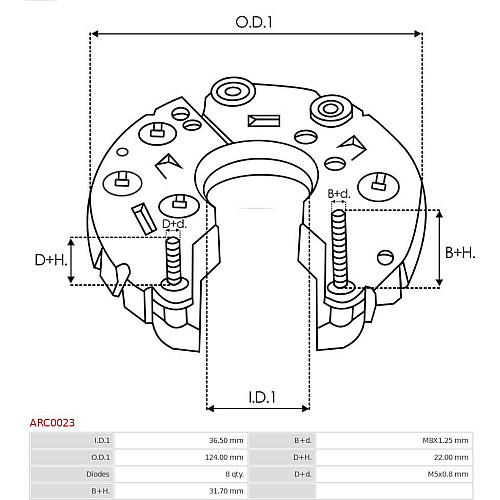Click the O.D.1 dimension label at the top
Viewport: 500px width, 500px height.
tap(254, 22)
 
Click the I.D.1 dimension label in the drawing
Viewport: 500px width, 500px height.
tap(262, 397)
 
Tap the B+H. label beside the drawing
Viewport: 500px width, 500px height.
tap(460, 253)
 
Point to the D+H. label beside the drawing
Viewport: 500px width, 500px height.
tap(51, 260)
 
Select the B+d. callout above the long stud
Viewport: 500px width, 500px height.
tap(339, 194)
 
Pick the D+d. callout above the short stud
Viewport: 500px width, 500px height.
tap(174, 224)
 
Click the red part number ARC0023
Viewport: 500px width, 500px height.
tap(52, 423)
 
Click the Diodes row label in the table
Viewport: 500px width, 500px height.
tap(98, 474)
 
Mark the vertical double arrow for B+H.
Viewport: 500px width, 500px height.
tap(440, 248)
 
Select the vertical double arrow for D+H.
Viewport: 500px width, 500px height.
tap(71, 261)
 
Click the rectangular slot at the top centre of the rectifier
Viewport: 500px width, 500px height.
tap(264, 121)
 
